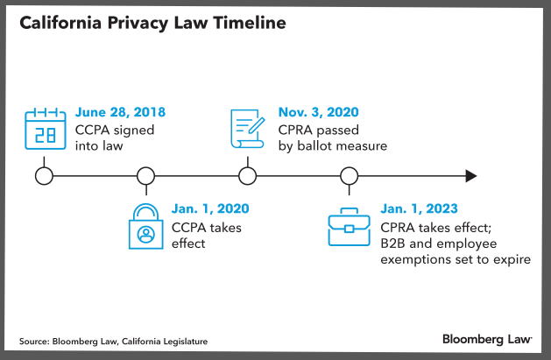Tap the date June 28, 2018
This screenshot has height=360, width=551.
click(x=120, y=113)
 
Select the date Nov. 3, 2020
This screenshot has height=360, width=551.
click(x=320, y=113)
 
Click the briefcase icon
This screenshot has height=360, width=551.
click(x=349, y=229)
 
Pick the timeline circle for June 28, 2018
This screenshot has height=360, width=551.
click(x=43, y=175)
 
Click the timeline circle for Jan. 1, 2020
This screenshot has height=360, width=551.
click(x=146, y=175)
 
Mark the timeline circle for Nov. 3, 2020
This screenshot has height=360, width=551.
click(x=248, y=175)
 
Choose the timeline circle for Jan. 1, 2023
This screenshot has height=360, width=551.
click(x=350, y=175)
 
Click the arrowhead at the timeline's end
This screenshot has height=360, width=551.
click(x=470, y=175)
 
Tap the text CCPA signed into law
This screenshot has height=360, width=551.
click(x=109, y=138)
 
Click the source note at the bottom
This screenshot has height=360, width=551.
click(x=113, y=341)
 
